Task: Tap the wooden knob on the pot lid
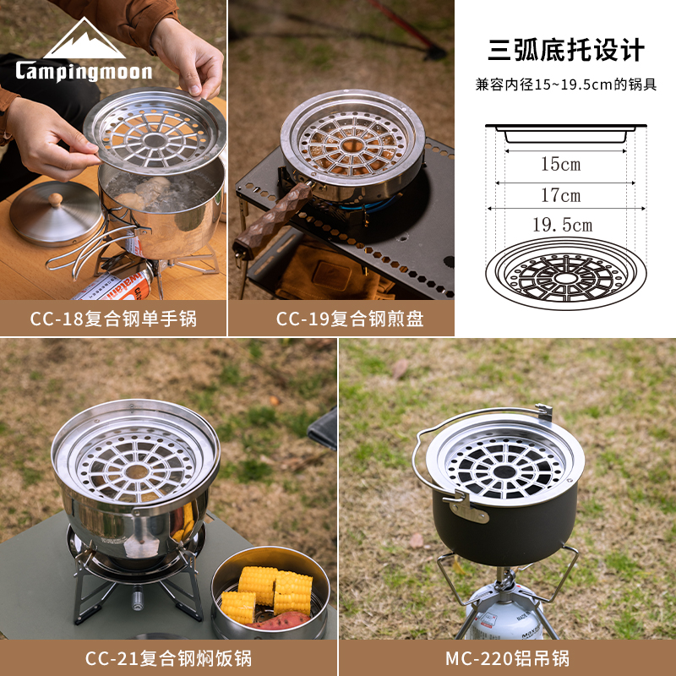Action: pyautogui.click(x=55, y=199)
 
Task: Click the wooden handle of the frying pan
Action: pyautogui.click(x=271, y=221)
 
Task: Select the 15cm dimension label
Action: pyautogui.click(x=561, y=164)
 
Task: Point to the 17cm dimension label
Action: pyautogui.click(x=561, y=195)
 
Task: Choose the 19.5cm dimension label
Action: pyautogui.click(x=563, y=225)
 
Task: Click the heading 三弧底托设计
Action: pyautogui.click(x=566, y=50)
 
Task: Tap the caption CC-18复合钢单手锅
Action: pyautogui.click(x=113, y=319)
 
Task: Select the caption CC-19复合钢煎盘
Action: pyautogui.click(x=350, y=319)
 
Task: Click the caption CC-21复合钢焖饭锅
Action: pyautogui.click(x=168, y=658)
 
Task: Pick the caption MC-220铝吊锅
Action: pyautogui.click(x=508, y=658)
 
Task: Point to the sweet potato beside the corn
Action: pyautogui.click(x=280, y=621)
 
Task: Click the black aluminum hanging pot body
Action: pyautogui.click(x=504, y=528)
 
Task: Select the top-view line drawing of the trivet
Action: pyautogui.click(x=566, y=273)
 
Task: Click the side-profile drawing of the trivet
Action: pyautogui.click(x=566, y=134)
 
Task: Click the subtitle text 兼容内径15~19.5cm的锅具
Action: pyautogui.click(x=566, y=84)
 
